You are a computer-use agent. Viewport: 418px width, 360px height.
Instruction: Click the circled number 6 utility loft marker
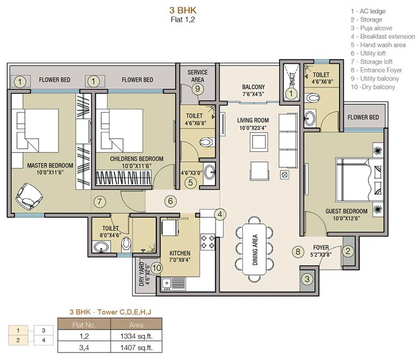pos(170,201)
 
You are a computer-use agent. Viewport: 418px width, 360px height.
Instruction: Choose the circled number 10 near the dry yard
pos(157,267)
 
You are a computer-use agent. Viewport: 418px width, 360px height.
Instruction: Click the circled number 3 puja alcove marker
pos(307,279)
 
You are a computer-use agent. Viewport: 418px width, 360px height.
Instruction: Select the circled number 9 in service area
pos(198,89)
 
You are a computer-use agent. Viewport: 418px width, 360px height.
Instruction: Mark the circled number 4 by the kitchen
pos(219,214)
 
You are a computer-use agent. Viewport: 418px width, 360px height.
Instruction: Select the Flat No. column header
pos(84,325)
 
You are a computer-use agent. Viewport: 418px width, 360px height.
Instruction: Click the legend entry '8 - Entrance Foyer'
pos(376,70)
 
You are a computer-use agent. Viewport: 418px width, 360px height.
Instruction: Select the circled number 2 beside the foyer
pos(349,251)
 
